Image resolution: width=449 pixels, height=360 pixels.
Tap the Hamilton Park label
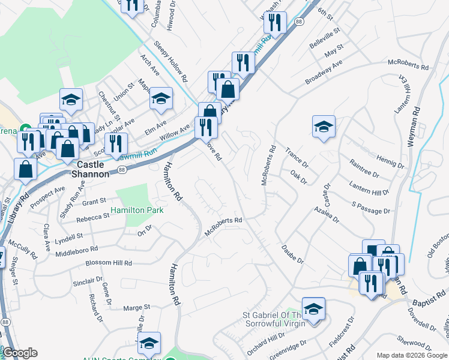click(x=137, y=211)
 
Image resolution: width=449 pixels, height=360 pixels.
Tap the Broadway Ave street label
click(x=323, y=71)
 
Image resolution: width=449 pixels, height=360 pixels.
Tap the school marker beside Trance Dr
click(x=324, y=127)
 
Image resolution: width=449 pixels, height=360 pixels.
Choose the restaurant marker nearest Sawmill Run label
click(x=116, y=144)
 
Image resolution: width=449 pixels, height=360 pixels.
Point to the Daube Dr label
click(x=292, y=253)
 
